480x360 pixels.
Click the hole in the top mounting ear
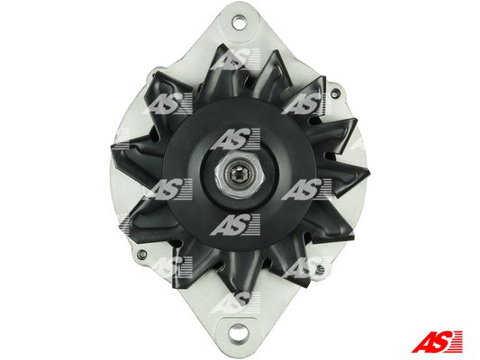239,22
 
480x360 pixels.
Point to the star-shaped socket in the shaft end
239,175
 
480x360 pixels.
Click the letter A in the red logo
423,341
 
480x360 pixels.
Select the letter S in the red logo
441,341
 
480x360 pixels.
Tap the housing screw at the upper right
336,93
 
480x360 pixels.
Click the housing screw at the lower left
141,254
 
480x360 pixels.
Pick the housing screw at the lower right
321,269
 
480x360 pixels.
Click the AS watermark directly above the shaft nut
236,139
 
